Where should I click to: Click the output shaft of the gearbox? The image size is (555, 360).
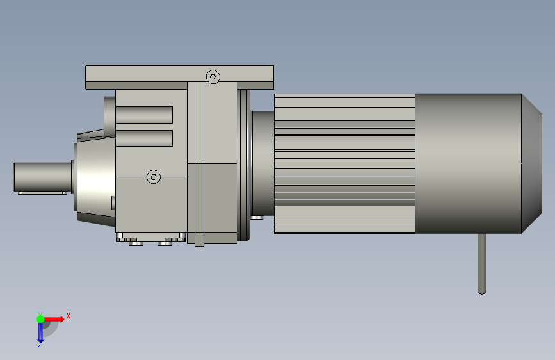42,177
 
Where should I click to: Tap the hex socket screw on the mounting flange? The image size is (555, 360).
213,76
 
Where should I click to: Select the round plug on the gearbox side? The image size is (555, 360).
154,176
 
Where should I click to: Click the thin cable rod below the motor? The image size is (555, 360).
482,264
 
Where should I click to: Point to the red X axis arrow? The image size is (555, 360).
53,319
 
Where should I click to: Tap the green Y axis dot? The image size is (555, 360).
40,319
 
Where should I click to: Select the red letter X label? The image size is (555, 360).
68,316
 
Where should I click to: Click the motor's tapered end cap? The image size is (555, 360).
532,164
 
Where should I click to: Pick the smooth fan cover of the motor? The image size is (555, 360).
468,164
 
